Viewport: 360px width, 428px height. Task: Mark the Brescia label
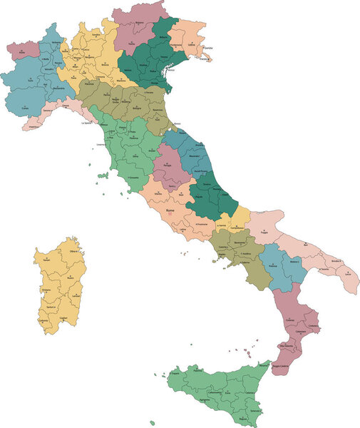coord(105,64)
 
